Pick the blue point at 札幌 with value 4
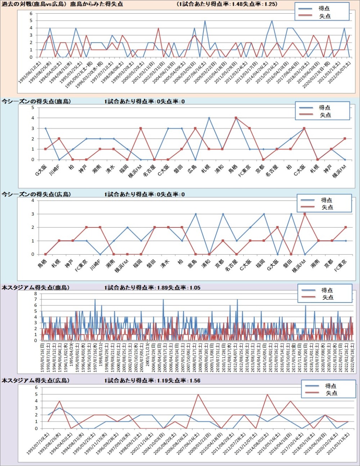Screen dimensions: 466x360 209,118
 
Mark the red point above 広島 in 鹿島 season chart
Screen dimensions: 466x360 195,128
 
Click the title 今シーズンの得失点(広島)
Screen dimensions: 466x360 36,194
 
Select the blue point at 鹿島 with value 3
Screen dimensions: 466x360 195,214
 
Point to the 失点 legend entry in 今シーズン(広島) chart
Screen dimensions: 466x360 327,207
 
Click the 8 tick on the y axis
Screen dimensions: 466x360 36,294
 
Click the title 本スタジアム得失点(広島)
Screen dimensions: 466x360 35,380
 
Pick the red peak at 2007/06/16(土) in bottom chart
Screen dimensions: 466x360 198,394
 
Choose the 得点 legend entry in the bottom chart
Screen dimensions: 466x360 331,386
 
